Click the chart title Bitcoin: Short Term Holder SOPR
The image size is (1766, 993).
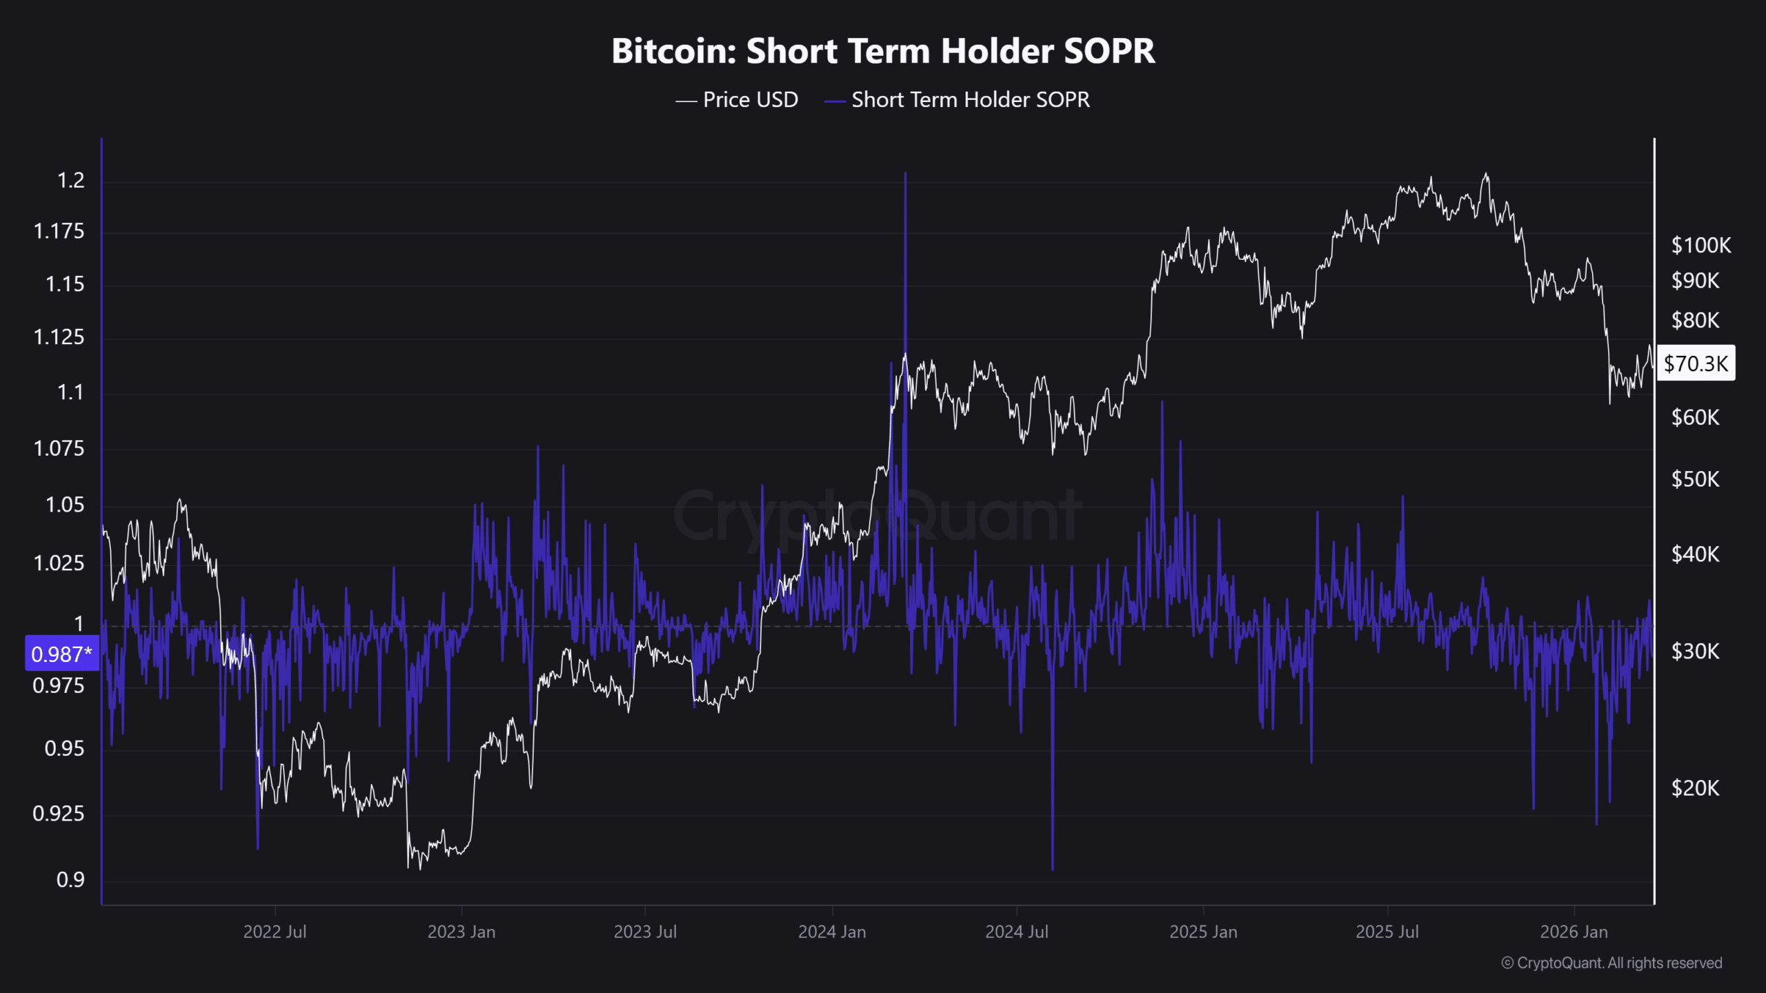click(x=883, y=51)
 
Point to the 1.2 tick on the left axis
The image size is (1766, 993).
click(x=70, y=181)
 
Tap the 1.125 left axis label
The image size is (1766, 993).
click(x=59, y=337)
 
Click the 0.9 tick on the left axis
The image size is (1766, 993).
click(x=70, y=880)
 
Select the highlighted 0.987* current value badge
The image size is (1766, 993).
click(x=61, y=654)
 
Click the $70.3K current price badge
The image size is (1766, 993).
click(x=1696, y=363)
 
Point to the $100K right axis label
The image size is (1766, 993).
click(x=1700, y=245)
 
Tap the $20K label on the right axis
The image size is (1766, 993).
click(x=1695, y=788)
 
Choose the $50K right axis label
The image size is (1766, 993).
click(x=1695, y=479)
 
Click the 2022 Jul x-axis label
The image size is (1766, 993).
click(x=275, y=932)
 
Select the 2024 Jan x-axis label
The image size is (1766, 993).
click(x=832, y=932)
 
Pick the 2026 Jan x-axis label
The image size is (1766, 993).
click(x=1574, y=932)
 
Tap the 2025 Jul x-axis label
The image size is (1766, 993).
click(x=1387, y=932)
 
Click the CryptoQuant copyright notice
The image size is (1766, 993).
click(x=1611, y=963)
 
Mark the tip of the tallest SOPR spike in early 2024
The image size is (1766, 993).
click(x=905, y=174)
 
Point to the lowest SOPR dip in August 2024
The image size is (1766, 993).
click(x=1053, y=869)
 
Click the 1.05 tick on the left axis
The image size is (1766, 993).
click(x=64, y=505)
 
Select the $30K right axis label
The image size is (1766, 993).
click(x=1695, y=652)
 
